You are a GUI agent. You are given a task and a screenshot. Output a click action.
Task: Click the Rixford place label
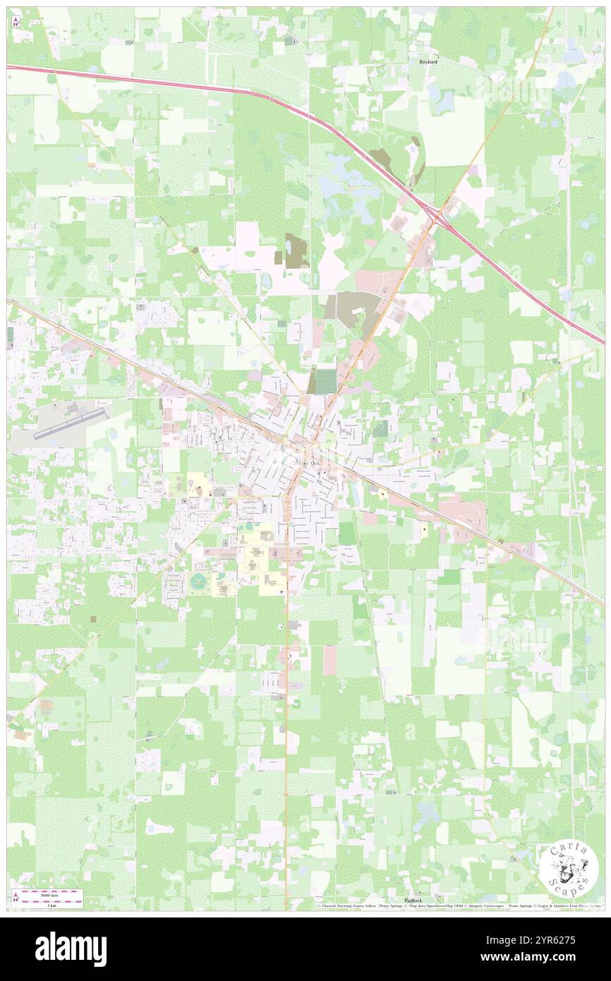click(428, 62)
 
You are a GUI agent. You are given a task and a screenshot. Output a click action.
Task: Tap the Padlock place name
click(413, 901)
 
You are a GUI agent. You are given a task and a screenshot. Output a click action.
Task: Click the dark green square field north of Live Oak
click(325, 382)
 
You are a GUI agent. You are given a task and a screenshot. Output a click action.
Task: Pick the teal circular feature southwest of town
click(198, 580)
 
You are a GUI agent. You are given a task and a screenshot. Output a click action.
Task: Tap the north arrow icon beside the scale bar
click(16, 897)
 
